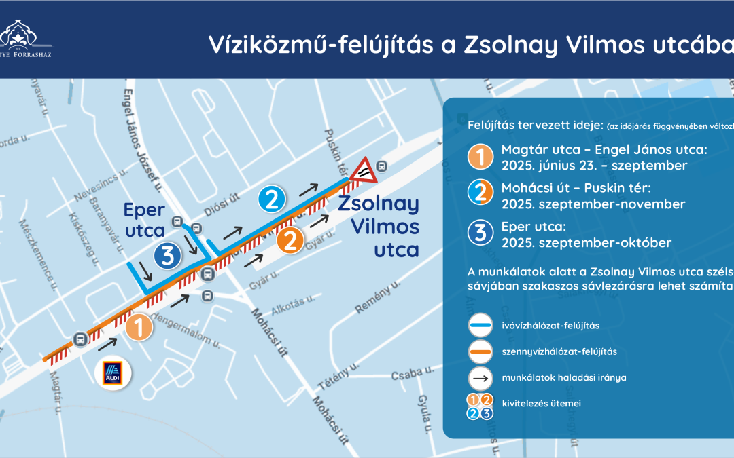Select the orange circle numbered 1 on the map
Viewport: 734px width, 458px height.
tap(138, 328)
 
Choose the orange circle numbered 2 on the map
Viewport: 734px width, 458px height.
tap(290, 241)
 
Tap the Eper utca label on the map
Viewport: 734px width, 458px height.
tap(145, 221)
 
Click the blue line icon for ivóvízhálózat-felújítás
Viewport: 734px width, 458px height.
tap(480, 326)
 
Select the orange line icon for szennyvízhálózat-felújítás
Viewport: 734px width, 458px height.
tap(480, 351)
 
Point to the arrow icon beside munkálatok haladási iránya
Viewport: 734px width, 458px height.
tap(480, 377)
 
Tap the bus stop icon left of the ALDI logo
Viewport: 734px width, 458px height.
tap(80, 339)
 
